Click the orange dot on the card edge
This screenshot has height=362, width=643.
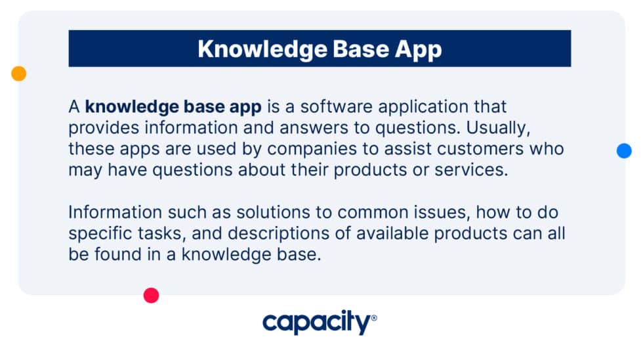(18, 74)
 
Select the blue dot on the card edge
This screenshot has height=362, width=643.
(624, 150)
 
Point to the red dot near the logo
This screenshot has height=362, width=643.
(152, 296)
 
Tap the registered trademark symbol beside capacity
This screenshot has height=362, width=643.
(374, 318)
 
